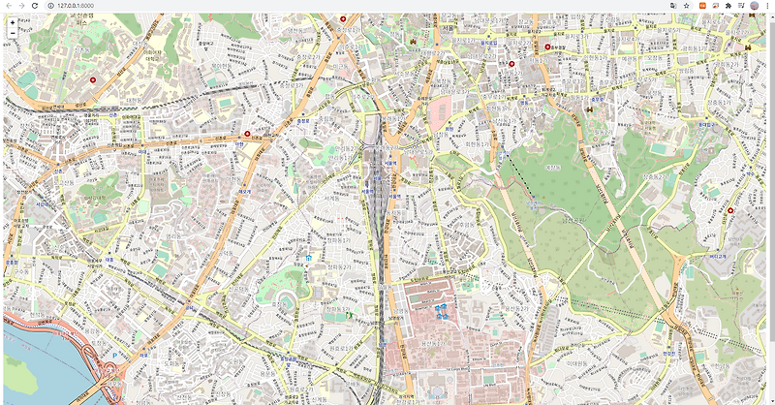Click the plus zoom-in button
click(12, 22)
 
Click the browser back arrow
click(8, 6)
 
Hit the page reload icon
click(35, 6)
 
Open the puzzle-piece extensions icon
click(728, 6)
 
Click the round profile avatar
click(754, 6)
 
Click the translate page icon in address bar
click(672, 6)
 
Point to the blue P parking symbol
click(115, 356)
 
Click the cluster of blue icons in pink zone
click(442, 310)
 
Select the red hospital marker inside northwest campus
click(93, 79)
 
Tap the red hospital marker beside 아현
click(247, 134)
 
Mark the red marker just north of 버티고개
click(729, 210)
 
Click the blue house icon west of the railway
click(308, 259)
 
